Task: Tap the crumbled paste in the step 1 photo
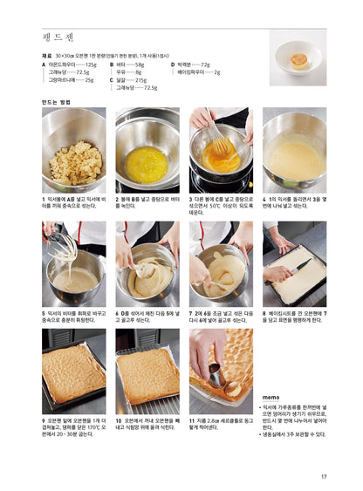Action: [73, 162]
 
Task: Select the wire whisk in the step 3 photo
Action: [220, 140]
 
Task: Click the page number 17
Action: [323, 476]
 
